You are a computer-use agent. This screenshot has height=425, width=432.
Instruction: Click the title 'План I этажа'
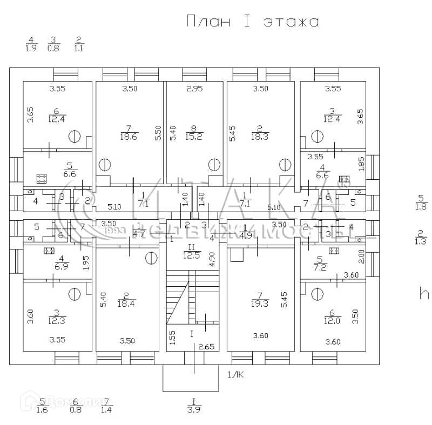pos(252,22)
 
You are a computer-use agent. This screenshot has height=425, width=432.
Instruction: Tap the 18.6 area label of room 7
pos(130,137)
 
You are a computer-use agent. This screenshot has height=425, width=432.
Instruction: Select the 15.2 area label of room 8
pos(198,137)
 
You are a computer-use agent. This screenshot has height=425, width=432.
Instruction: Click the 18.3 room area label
pos(260,137)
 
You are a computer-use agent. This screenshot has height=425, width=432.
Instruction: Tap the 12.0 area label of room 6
pos(331,320)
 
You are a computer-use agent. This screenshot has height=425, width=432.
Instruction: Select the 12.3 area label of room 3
pos(56,320)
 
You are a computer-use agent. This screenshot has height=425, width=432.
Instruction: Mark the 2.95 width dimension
pos(195,89)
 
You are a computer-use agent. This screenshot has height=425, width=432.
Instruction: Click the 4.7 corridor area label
pos(139,234)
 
